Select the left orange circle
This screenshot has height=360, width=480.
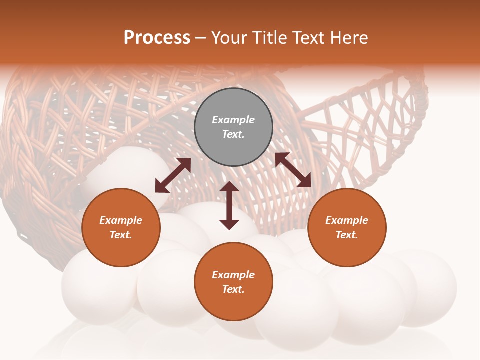click(121, 228)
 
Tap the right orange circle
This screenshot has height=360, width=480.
click(347, 228)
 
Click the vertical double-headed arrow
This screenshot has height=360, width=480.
click(229, 205)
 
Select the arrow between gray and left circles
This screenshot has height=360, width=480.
click(173, 175)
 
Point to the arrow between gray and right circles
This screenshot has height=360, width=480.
click(293, 170)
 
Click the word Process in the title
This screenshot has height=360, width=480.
click(157, 38)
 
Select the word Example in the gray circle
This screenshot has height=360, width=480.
click(233, 120)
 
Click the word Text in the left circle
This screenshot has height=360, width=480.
click(121, 235)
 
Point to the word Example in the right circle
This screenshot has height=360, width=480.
click(347, 220)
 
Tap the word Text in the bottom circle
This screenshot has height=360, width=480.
click(233, 289)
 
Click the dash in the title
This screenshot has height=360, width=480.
click(201, 38)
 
